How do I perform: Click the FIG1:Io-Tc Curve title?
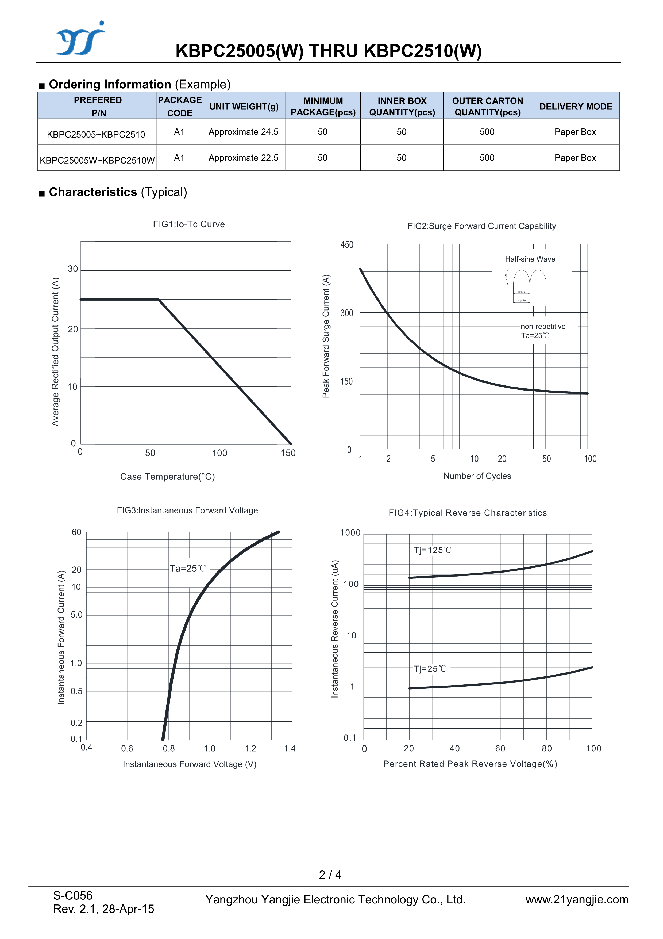pos(189,224)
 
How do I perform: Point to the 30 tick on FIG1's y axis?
pos(73,269)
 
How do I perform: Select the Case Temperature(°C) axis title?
pos(167,476)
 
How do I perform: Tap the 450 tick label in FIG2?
pos(347,245)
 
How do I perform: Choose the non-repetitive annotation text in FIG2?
pos(543,326)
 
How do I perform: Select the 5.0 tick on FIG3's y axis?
pos(76,615)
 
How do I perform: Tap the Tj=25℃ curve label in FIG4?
pos(430,669)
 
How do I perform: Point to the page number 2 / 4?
pos(330,874)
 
